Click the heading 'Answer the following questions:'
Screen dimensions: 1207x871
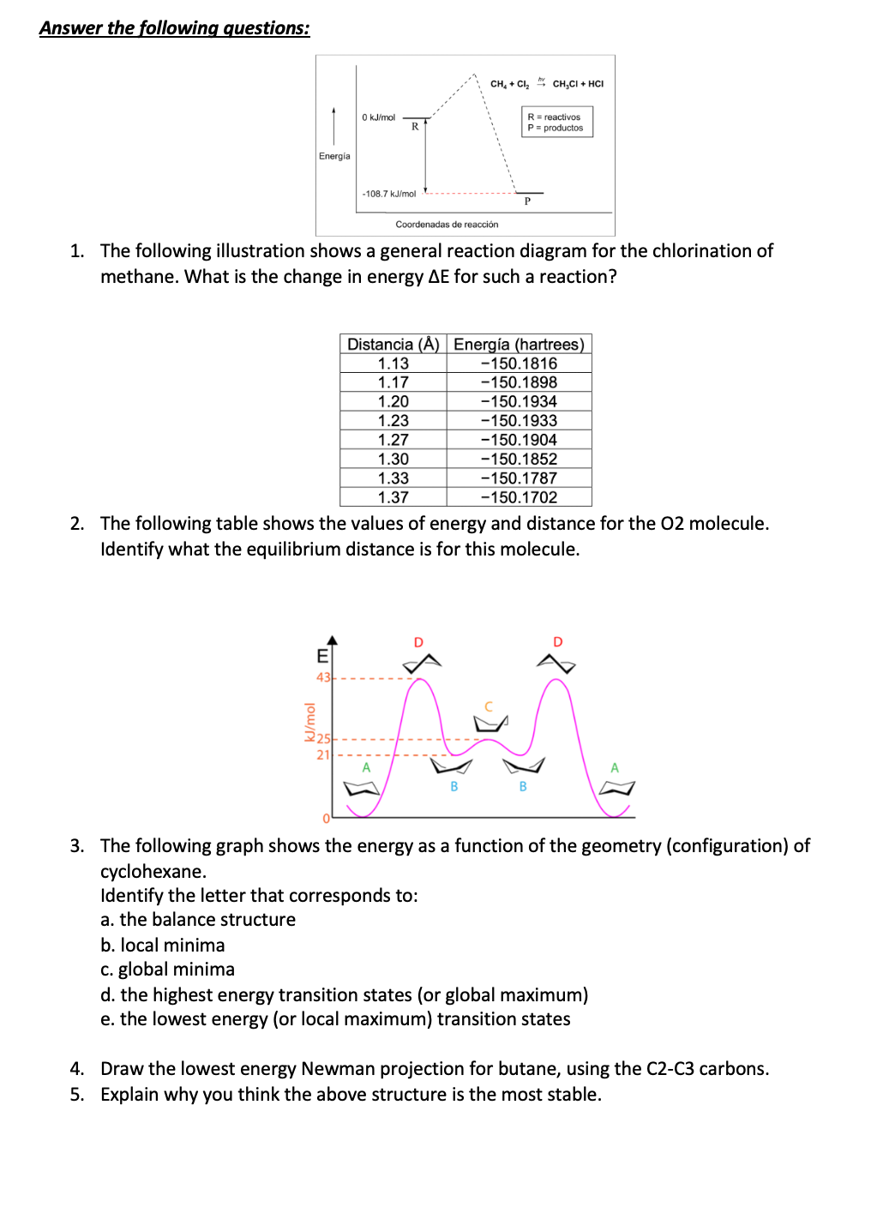pos(174,28)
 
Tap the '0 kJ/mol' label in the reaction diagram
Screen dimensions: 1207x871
pos(378,117)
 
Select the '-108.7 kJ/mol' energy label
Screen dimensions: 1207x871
pos(388,194)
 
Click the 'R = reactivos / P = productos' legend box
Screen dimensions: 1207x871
pos(556,123)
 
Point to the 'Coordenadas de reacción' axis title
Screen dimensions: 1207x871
pos(447,225)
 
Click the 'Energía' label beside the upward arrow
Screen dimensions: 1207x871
pos(334,156)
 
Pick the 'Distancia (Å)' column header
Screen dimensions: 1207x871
pos(393,344)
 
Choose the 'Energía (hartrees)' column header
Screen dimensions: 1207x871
pos(519,344)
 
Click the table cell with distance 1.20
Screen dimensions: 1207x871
pos(393,401)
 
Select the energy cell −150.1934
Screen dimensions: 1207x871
pos(519,401)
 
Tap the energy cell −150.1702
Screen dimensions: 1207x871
pos(519,497)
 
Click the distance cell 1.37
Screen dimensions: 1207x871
pos(393,497)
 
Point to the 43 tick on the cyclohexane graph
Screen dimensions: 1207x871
pos(323,677)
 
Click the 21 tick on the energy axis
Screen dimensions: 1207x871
pos(323,755)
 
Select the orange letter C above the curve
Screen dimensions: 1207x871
pos(489,706)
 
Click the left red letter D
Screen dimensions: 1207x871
pos(418,642)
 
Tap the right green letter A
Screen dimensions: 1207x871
pos(614,768)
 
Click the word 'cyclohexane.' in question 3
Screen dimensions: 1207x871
pos(153,872)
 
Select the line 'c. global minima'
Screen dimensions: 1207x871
pos(167,970)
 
